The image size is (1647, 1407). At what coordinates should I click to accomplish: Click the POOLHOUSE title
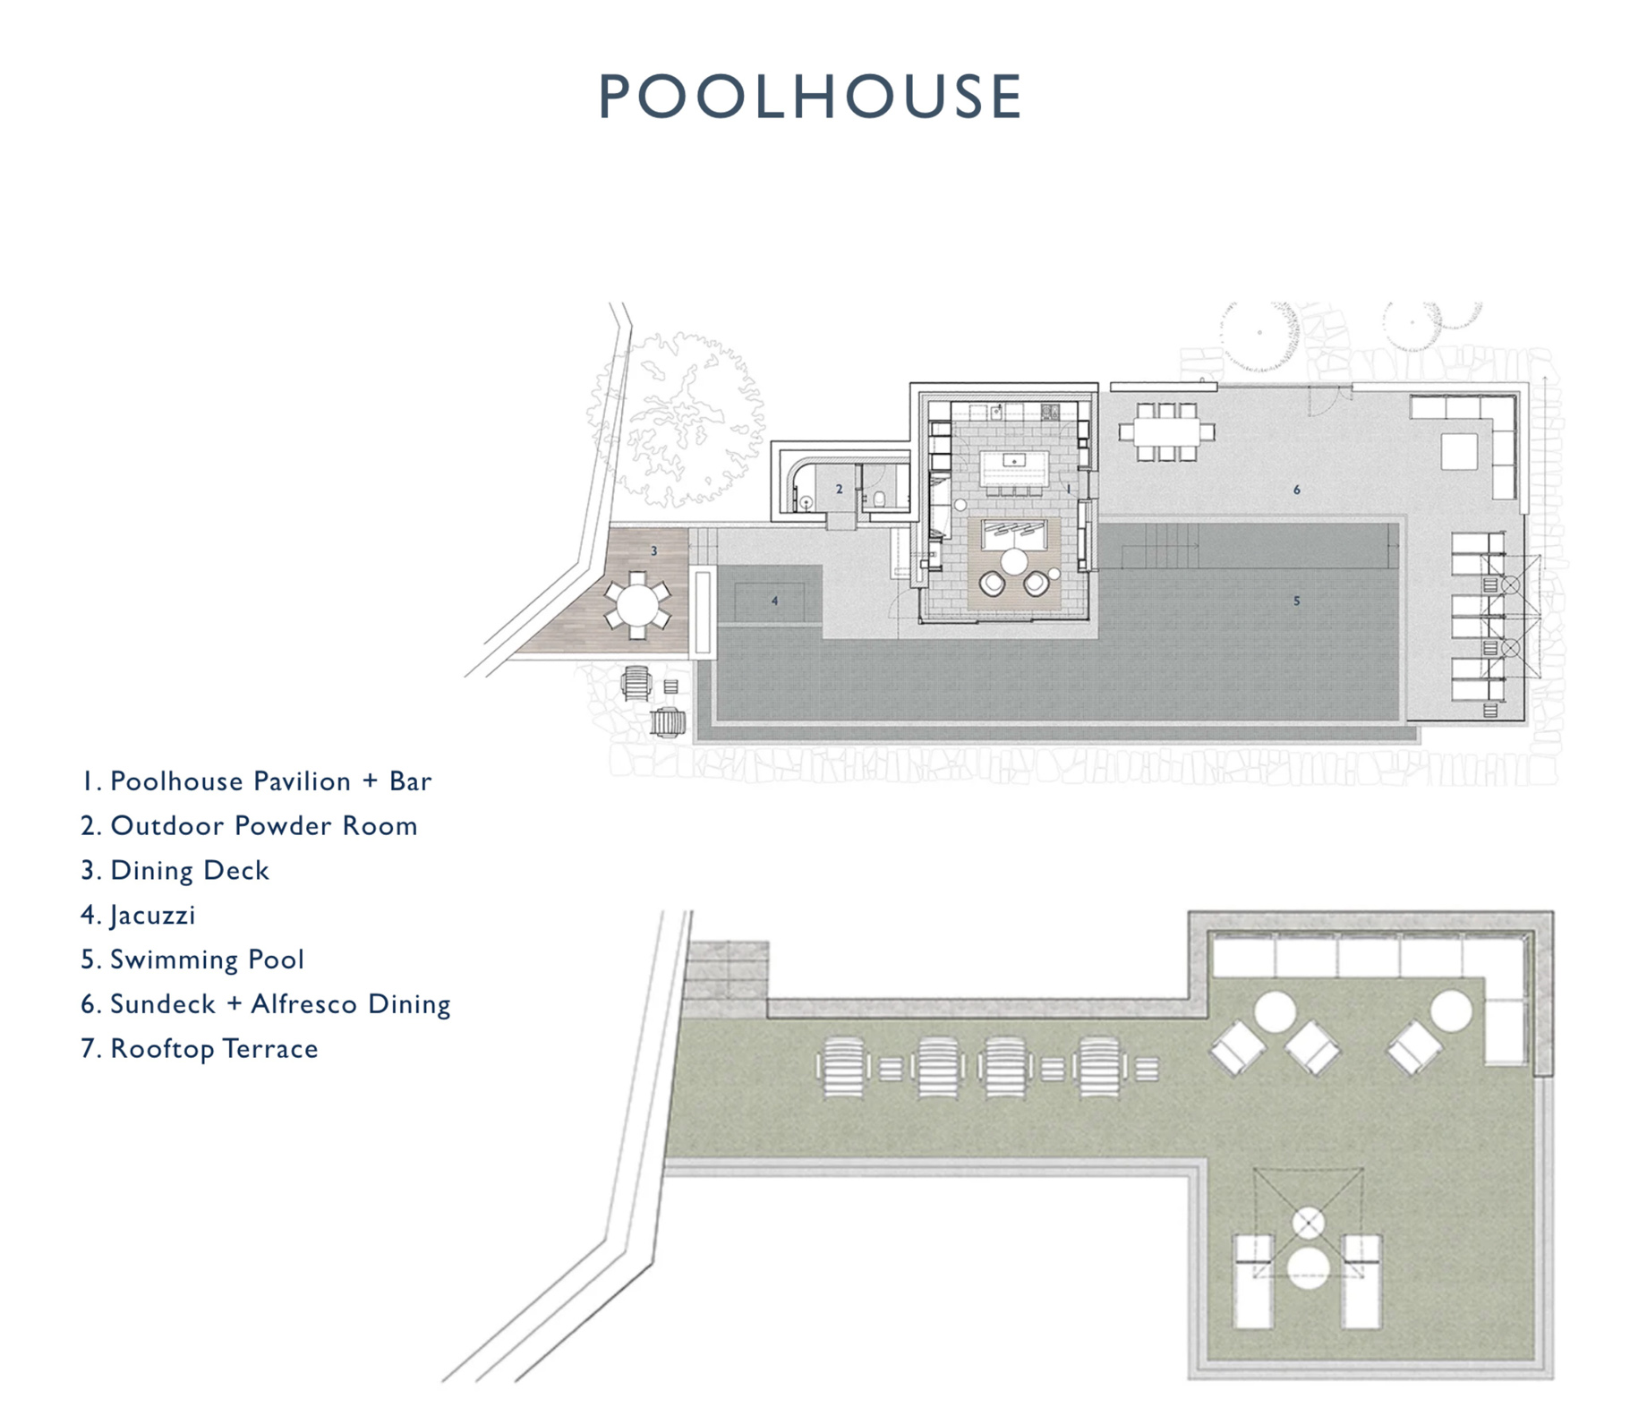pyautogui.click(x=810, y=96)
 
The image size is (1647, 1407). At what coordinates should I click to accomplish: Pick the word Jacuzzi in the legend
pyautogui.click(x=152, y=916)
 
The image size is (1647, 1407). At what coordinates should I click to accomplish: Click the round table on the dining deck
pyautogui.click(x=636, y=604)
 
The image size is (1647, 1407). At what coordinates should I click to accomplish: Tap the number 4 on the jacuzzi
pyautogui.click(x=775, y=601)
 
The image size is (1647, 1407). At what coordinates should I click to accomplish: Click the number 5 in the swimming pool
pyautogui.click(x=1296, y=601)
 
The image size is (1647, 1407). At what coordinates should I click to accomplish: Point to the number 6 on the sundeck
pyautogui.click(x=1296, y=490)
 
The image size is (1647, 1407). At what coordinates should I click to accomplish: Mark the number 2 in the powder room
pyautogui.click(x=839, y=489)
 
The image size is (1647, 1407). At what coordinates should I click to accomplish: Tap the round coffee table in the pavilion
pyautogui.click(x=1014, y=562)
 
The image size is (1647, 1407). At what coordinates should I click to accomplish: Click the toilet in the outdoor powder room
pyautogui.click(x=880, y=498)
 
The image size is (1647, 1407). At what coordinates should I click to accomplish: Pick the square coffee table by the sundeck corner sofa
pyautogui.click(x=1458, y=452)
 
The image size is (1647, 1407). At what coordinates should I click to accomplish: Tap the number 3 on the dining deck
pyautogui.click(x=654, y=550)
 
